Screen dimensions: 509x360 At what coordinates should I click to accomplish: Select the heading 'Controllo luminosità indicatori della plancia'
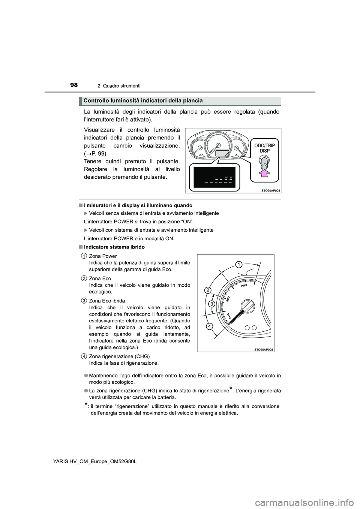(x=143, y=100)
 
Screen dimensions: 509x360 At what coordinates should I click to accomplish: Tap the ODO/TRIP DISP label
(x=264, y=147)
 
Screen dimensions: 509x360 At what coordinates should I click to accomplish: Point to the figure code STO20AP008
(x=264, y=349)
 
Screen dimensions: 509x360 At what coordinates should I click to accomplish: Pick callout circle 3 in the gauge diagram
(x=211, y=304)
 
